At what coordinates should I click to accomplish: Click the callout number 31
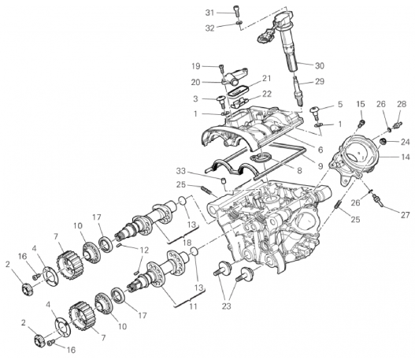coord(210,13)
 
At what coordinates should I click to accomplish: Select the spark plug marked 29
coord(298,91)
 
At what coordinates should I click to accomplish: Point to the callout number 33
coord(181,171)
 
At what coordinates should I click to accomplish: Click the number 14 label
coord(405,157)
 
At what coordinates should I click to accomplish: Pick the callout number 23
coord(226,306)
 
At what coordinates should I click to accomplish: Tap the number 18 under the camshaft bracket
coord(187,242)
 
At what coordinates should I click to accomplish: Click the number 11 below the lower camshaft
coord(193,306)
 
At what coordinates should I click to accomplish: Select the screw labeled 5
coord(315,112)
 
